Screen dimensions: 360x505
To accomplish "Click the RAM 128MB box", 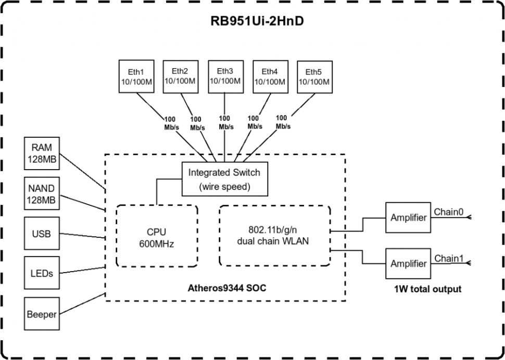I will point(42,153).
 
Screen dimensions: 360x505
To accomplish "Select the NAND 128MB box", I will point(42,194).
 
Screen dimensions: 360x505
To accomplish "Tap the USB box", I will point(42,234).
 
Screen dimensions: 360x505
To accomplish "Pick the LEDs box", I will point(42,273).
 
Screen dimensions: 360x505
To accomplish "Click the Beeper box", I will point(42,314).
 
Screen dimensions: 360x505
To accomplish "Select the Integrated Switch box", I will point(224,178).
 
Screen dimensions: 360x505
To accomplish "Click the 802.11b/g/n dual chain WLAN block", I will point(274,235).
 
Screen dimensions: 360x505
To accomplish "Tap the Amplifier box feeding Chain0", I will point(408,217).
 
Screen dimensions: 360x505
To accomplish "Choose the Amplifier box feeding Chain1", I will point(408,263).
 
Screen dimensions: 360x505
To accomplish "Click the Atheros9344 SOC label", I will point(226,288).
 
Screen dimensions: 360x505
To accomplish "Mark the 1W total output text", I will point(427,288).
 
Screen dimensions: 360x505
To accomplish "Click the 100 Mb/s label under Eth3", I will point(225,122).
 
